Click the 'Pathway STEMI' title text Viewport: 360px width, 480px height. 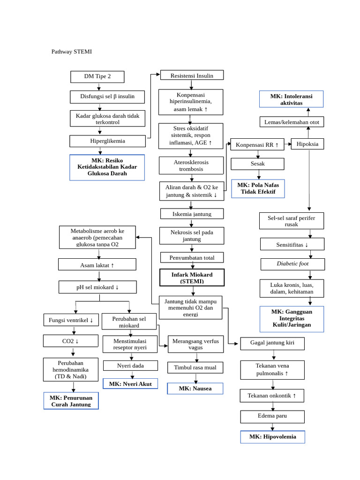coord(71,52)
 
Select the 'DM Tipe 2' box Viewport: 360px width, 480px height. coord(97,76)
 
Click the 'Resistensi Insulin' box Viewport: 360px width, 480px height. coord(192,75)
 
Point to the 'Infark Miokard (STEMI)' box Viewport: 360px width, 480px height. coord(192,277)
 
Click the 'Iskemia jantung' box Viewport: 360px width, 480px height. coord(192,214)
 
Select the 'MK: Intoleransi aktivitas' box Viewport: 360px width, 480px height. coord(291,99)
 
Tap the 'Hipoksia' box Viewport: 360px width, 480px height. coord(307,144)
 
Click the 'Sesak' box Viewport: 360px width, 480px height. coord(257,164)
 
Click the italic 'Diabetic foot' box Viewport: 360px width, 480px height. coord(292,264)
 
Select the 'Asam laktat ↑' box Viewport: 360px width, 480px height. coord(97,265)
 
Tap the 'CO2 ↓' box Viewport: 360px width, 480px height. coord(71,341)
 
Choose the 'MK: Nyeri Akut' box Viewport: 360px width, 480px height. coord(130,384)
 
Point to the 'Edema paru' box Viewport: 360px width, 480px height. coord(272,416)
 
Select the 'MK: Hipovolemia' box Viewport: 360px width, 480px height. coord(272,437)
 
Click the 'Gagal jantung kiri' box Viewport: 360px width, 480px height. coord(272,343)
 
